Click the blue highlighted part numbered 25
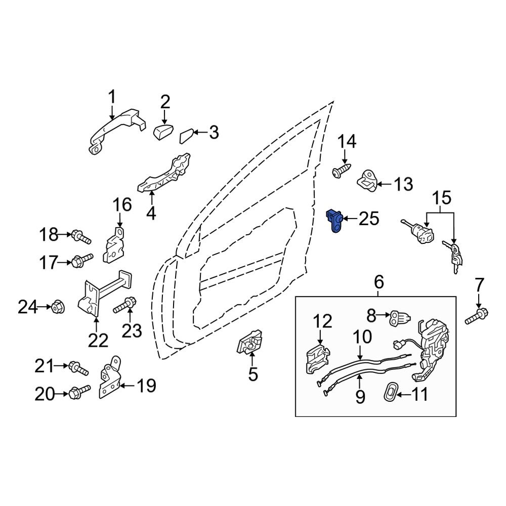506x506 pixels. click(334, 220)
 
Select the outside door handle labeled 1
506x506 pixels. click(116, 129)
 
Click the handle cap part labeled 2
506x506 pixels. click(163, 132)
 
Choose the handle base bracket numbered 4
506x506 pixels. click(164, 174)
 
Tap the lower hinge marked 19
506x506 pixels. click(110, 377)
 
